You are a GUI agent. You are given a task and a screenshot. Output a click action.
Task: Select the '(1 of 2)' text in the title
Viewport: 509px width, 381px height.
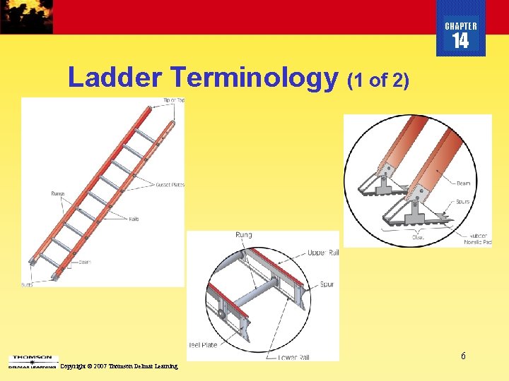pyautogui.click(x=378, y=80)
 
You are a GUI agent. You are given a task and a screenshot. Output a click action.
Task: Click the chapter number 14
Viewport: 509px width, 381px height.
pyautogui.click(x=460, y=41)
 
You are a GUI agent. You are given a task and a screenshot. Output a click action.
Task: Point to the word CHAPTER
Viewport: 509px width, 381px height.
pyautogui.click(x=460, y=26)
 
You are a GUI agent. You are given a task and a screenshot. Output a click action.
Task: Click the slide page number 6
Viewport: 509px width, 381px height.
pyautogui.click(x=463, y=356)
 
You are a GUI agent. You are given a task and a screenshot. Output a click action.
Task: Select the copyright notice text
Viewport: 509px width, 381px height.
pyautogui.click(x=119, y=366)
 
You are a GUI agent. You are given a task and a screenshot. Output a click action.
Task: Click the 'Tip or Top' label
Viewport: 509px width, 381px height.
pyautogui.click(x=174, y=100)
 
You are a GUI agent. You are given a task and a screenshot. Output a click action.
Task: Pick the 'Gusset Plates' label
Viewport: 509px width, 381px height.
pyautogui.click(x=170, y=185)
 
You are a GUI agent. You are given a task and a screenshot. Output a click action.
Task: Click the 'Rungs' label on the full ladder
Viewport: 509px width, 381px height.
pyautogui.click(x=57, y=193)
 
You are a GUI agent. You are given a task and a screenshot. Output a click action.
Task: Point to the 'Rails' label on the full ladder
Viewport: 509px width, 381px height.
pyautogui.click(x=134, y=219)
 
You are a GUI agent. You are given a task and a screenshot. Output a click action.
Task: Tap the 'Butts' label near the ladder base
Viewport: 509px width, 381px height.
pyautogui.click(x=27, y=284)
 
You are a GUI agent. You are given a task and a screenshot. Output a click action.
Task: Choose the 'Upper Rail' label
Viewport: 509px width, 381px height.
pyautogui.click(x=323, y=253)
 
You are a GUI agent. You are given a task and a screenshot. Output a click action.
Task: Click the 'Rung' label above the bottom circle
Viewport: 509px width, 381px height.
pyautogui.click(x=243, y=235)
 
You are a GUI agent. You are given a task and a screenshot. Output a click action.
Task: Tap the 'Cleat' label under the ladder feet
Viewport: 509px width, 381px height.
pyautogui.click(x=419, y=238)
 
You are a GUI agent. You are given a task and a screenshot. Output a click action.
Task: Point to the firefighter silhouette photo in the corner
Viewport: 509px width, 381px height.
pyautogui.click(x=26, y=16)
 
